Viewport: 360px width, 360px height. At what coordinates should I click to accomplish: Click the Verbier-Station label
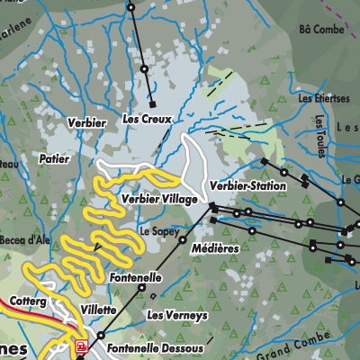[x=247, y=186]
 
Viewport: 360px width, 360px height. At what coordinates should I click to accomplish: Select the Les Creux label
[x=146, y=119]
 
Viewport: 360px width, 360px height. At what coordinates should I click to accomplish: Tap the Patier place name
[x=55, y=157]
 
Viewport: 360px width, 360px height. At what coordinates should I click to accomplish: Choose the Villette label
[x=98, y=308]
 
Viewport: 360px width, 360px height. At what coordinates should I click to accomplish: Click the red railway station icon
[x=81, y=346]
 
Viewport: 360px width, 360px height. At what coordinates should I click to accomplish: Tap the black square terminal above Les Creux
[x=151, y=103]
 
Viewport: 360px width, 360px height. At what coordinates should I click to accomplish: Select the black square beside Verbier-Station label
[x=213, y=206]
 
